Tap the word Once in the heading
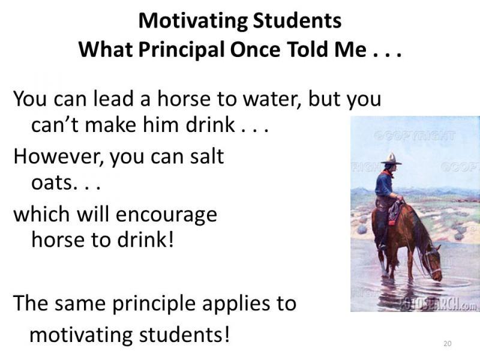coord(255,50)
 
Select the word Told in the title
coord(308,49)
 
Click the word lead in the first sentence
coord(113,98)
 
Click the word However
coord(58,157)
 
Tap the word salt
coord(207,156)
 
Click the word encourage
coord(167,215)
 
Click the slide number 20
coord(447,343)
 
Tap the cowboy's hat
coord(391,159)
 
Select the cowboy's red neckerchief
coord(388,172)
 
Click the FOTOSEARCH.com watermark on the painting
coord(439,304)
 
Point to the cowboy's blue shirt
coord(384,184)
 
